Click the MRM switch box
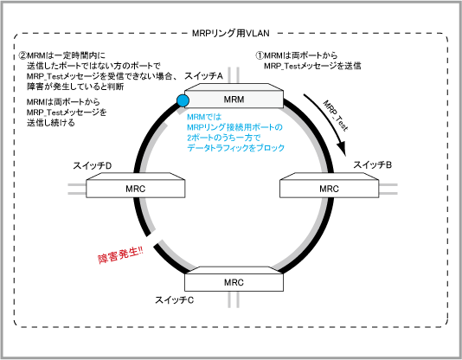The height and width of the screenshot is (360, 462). click(234, 96)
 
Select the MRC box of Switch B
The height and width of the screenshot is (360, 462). click(329, 185)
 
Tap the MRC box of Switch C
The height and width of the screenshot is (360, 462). click(234, 279)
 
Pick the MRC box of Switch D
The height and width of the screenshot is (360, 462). click(136, 185)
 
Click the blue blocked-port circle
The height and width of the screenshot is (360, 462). click(183, 100)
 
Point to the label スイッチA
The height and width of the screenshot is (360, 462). click(203, 76)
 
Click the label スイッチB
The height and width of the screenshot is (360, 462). click(372, 164)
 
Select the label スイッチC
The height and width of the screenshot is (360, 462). click(175, 300)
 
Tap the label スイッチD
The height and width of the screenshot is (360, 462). click(93, 166)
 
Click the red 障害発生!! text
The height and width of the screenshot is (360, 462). click(120, 254)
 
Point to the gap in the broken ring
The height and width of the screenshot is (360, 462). click(153, 239)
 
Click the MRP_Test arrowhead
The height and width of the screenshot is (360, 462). click(342, 148)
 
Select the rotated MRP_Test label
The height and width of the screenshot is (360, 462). click(336, 115)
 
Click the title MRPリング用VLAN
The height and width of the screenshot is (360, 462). click(231, 33)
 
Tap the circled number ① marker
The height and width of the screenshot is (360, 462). click(260, 55)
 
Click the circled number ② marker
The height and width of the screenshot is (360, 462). click(22, 55)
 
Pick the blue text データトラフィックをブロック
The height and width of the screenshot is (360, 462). click(235, 148)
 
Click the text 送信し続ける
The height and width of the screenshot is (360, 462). click(51, 123)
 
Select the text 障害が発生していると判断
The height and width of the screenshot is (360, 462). click(75, 87)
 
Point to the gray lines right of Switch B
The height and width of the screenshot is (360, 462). click(388, 189)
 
